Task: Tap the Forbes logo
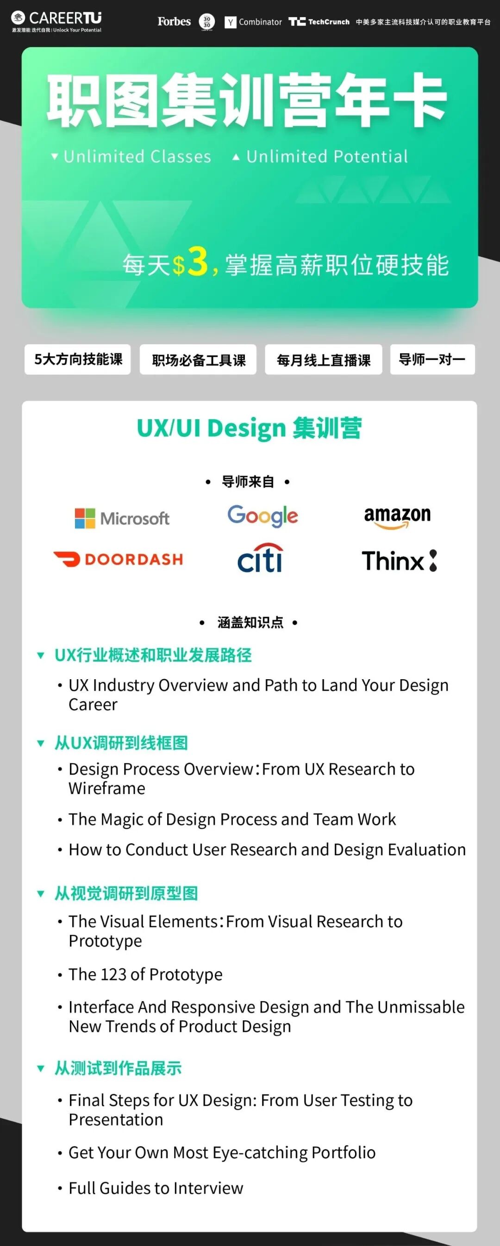pos(174,21)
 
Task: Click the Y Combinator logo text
pos(253,22)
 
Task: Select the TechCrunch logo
pos(319,22)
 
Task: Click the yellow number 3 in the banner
pos(198,262)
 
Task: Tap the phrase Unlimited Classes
pos(137,156)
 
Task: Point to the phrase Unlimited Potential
pos(327,156)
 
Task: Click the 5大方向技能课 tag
pos(78,360)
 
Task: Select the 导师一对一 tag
pos(432,360)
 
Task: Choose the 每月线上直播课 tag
pos(323,360)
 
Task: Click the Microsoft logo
pos(122,518)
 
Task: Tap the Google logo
pos(262,516)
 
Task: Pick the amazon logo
pos(397,517)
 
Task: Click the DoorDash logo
pos(119,559)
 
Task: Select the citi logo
pos(260,558)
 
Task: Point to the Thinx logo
pos(400,561)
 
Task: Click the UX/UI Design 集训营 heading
pos(249,428)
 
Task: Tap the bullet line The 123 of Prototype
pos(145,974)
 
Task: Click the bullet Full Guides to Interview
pos(156,1188)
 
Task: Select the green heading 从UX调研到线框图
pos(121,743)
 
